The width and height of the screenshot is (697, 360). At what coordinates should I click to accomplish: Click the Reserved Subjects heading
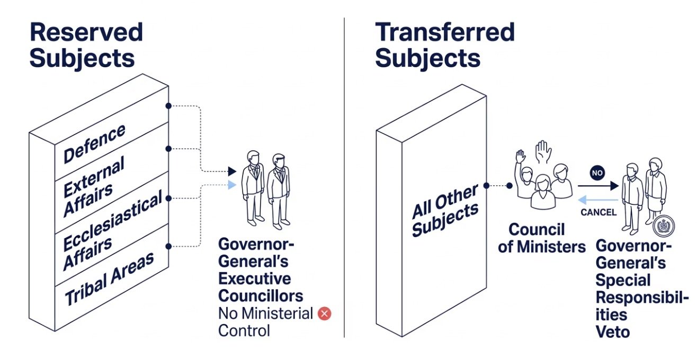coord(86,45)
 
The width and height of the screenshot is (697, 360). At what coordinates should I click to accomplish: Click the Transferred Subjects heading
coord(444,45)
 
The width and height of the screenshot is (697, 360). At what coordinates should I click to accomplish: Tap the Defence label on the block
coord(94,143)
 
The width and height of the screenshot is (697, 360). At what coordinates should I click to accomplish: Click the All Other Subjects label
coord(445,212)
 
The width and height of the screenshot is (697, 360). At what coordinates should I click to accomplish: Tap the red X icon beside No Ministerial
coord(324,314)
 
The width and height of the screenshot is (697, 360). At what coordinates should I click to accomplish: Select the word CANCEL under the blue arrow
coord(598,212)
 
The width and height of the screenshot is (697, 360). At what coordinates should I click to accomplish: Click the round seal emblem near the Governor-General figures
coord(662,226)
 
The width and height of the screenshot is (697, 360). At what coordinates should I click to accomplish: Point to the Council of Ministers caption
coord(542,238)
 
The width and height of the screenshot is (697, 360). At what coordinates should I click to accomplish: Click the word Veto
coord(613,332)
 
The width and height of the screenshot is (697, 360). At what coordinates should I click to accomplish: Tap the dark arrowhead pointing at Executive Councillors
coord(231,171)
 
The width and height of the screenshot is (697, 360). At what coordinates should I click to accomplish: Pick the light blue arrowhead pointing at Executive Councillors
coord(231,185)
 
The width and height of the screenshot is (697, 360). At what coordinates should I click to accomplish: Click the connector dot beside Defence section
coord(168,106)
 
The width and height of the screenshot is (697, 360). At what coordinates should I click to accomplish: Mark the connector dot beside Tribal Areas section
coord(168,246)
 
